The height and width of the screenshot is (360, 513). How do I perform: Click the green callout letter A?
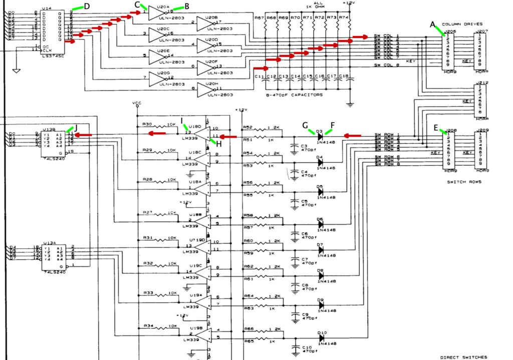pyautogui.click(x=433, y=24)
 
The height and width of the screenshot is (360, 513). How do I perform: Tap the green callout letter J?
pyautogui.click(x=76, y=127)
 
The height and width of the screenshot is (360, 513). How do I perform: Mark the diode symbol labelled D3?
pyautogui.click(x=320, y=136)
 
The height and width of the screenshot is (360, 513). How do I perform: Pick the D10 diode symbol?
pyautogui.click(x=321, y=337)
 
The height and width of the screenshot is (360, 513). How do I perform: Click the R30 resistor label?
pyautogui.click(x=147, y=124)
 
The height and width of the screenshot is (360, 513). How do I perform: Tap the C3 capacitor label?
pyautogui.click(x=304, y=146)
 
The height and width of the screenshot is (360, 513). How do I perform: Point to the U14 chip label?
pyautogui.click(x=47, y=8)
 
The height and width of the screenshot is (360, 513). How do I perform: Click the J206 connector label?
pyautogui.click(x=449, y=31)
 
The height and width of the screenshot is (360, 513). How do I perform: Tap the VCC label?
pyautogui.click(x=137, y=103)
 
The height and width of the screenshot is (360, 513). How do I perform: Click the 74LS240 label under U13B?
pyautogui.click(x=53, y=158)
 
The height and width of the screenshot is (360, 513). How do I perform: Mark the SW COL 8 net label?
pyautogui.click(x=387, y=66)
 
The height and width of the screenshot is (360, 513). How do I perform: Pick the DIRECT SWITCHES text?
pyautogui.click(x=463, y=357)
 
